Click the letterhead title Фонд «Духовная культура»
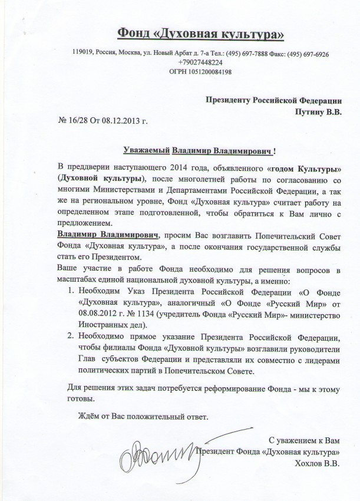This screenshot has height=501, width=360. (201, 33)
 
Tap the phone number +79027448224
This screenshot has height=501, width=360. (200, 62)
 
